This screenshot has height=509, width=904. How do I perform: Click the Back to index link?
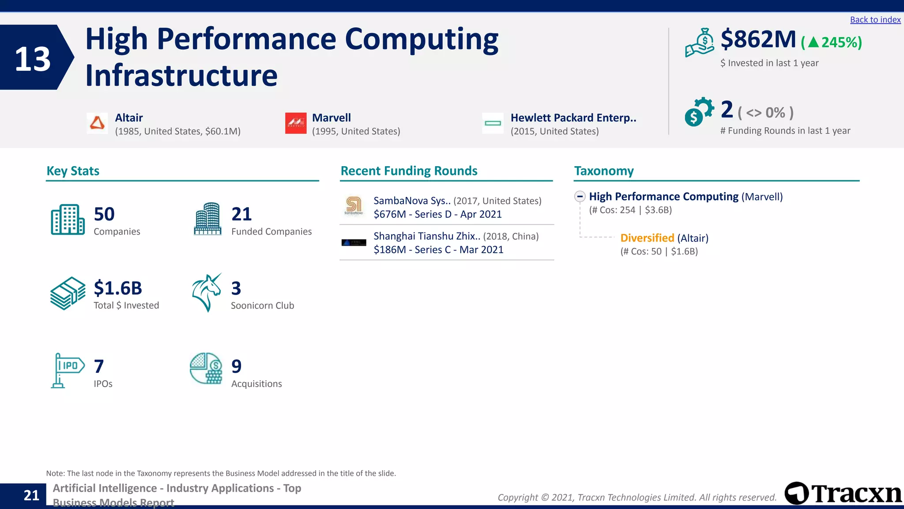point(875,20)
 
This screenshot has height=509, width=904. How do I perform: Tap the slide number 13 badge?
point(34,58)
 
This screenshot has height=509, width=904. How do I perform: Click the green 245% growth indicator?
point(831,42)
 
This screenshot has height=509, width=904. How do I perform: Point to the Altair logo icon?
point(97,123)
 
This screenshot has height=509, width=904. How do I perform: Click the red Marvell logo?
point(295,123)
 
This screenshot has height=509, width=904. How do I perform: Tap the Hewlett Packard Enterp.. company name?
point(573,118)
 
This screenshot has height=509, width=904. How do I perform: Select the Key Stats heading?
point(73,171)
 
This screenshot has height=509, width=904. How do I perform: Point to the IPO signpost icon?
point(67,370)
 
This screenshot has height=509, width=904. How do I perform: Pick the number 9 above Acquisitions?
point(237,366)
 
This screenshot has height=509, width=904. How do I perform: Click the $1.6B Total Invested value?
point(118,288)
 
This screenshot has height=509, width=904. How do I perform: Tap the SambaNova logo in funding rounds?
point(354,206)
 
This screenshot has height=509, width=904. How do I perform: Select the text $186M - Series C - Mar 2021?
point(438,250)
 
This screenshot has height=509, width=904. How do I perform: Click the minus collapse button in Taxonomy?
point(580,197)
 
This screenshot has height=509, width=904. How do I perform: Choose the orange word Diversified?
point(647,238)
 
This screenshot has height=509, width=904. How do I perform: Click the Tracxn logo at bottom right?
point(843,493)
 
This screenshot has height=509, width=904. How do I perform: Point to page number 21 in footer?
point(31,495)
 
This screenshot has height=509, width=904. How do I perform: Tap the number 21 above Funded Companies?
point(241,214)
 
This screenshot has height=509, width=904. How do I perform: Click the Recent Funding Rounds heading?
point(409,171)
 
